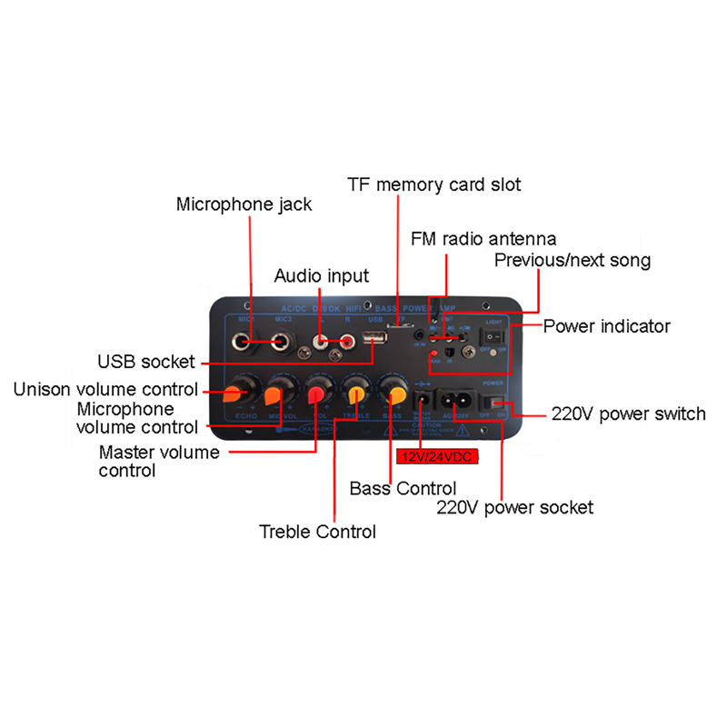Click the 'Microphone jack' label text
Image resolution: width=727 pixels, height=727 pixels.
(244, 204)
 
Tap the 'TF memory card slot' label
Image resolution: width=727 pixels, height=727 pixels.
(434, 184)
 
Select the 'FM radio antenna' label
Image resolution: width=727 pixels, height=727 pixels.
(483, 239)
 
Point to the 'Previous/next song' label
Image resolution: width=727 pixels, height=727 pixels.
(573, 261)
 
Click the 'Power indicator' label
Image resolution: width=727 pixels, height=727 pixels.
(607, 325)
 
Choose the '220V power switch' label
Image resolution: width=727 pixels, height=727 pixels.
(629, 413)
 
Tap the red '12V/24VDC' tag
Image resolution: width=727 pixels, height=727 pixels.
(436, 457)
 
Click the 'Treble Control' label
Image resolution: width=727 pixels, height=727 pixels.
(317, 531)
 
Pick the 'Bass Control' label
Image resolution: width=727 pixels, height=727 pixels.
(403, 488)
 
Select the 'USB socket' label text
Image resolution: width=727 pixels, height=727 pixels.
(146, 361)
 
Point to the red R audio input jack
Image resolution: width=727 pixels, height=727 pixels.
(344, 341)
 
